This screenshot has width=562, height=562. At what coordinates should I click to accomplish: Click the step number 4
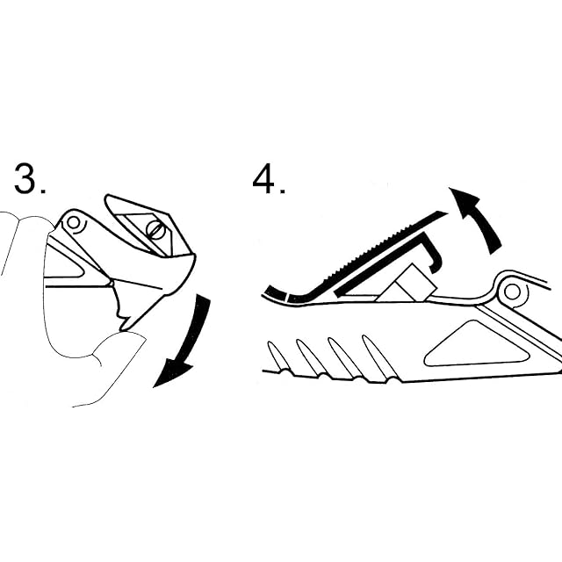pyautogui.click(x=263, y=180)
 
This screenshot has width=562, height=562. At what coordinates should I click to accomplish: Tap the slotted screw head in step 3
pyautogui.click(x=155, y=230)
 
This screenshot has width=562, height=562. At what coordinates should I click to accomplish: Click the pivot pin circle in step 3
pyautogui.click(x=75, y=224)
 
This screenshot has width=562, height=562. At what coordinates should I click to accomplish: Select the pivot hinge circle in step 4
pyautogui.click(x=513, y=289)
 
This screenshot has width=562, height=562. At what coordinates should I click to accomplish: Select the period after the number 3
pyautogui.click(x=44, y=191)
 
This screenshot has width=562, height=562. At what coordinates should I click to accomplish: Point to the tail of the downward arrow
pyautogui.click(x=204, y=303)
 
